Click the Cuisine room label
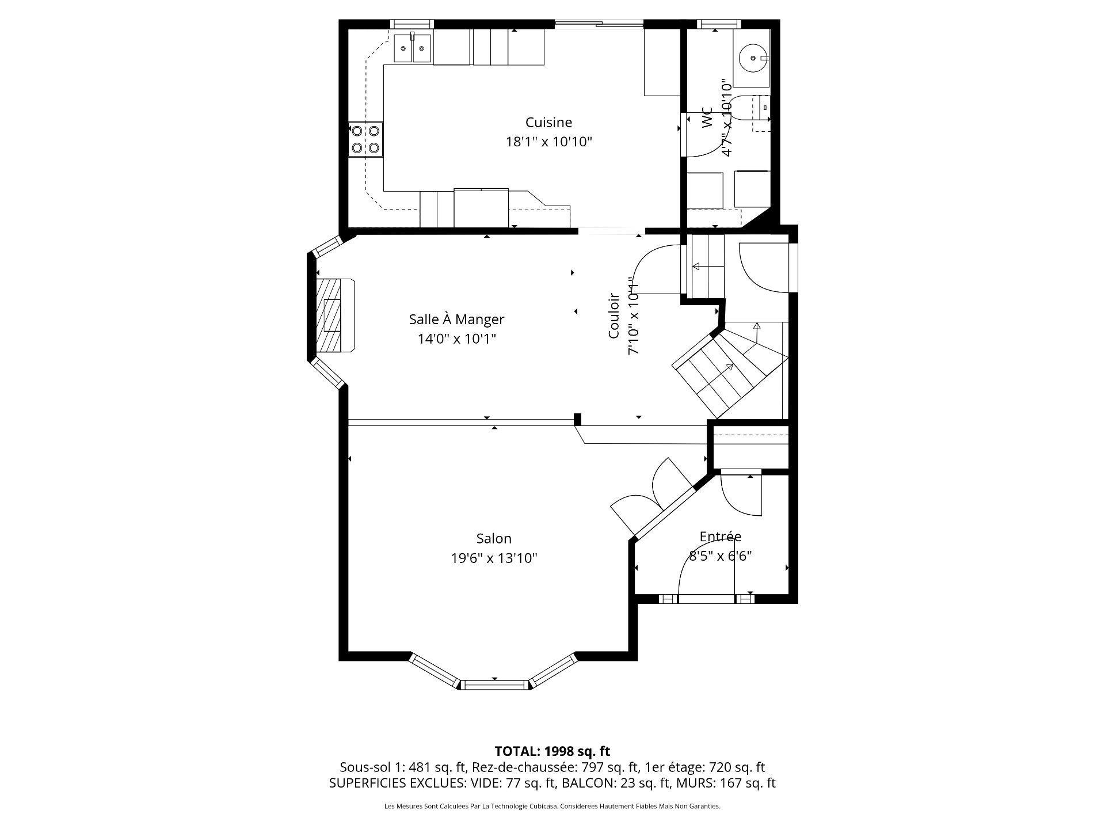point(548,122)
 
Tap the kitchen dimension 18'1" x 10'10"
point(548,142)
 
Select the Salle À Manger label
point(456,319)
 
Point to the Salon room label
point(494,538)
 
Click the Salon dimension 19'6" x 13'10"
point(494,558)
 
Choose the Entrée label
point(721,536)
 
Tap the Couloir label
point(614,315)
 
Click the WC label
point(707,117)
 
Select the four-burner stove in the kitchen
point(366,139)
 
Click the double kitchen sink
point(413,48)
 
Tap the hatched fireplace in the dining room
point(334,315)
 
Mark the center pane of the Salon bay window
point(495,685)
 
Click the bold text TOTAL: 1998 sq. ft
point(552,751)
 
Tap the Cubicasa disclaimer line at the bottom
point(552,807)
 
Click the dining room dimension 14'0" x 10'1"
point(456,339)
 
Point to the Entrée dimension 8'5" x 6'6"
point(721,556)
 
